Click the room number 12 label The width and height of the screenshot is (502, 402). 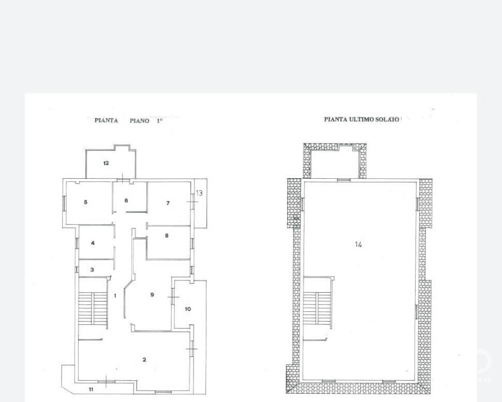tap(106, 163)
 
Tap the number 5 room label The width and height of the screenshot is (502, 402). tap(85, 202)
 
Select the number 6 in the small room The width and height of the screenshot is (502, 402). tap(126, 200)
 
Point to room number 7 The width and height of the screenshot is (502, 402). tap(168, 203)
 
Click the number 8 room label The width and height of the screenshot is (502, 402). tap(167, 236)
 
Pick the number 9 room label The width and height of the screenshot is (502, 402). tap(152, 295)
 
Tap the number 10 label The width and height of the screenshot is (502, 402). tap(188, 309)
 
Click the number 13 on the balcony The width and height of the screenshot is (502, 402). tap(199, 193)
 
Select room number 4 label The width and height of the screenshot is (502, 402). tap(93, 243)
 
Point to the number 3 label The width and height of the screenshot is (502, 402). tap(92, 270)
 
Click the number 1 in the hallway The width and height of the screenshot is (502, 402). tap(115, 296)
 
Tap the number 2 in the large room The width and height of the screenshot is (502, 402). tap(144, 360)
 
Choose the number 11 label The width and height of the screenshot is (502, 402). tap(91, 390)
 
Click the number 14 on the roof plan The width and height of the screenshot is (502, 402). tap(358, 245)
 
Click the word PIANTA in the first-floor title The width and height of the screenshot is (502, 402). tap(106, 121)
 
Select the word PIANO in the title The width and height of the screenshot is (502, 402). tap(139, 121)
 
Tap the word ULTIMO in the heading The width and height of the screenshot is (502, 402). tap(361, 120)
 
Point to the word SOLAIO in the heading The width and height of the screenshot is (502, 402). tap(387, 120)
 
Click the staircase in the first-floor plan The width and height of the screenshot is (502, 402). tap(93, 308)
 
